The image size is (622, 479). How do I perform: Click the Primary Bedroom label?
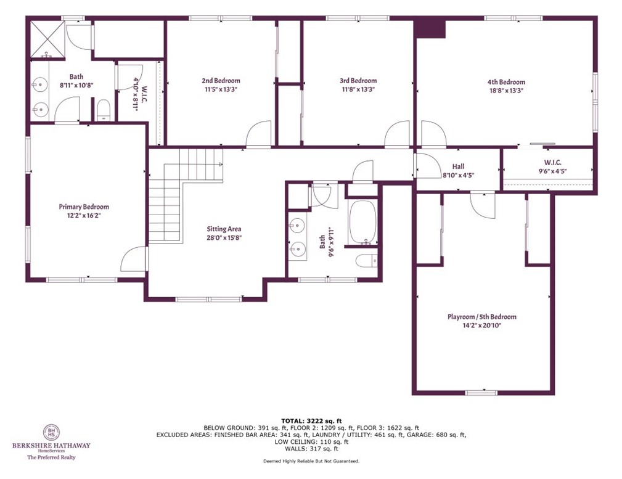pos(84,207)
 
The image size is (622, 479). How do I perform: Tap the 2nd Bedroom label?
pos(221,81)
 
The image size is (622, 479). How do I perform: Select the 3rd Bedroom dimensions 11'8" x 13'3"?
pos(358,89)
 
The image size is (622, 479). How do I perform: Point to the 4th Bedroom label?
pos(506,82)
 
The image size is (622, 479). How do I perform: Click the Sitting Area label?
pos(224,229)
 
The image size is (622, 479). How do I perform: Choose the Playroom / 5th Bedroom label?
pos(481,317)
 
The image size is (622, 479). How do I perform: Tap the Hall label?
pos(458,166)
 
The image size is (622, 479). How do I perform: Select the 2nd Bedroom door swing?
pos(258,134)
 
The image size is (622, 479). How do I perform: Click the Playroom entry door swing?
pos(483,205)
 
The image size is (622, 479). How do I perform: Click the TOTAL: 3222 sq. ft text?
pos(311,420)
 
